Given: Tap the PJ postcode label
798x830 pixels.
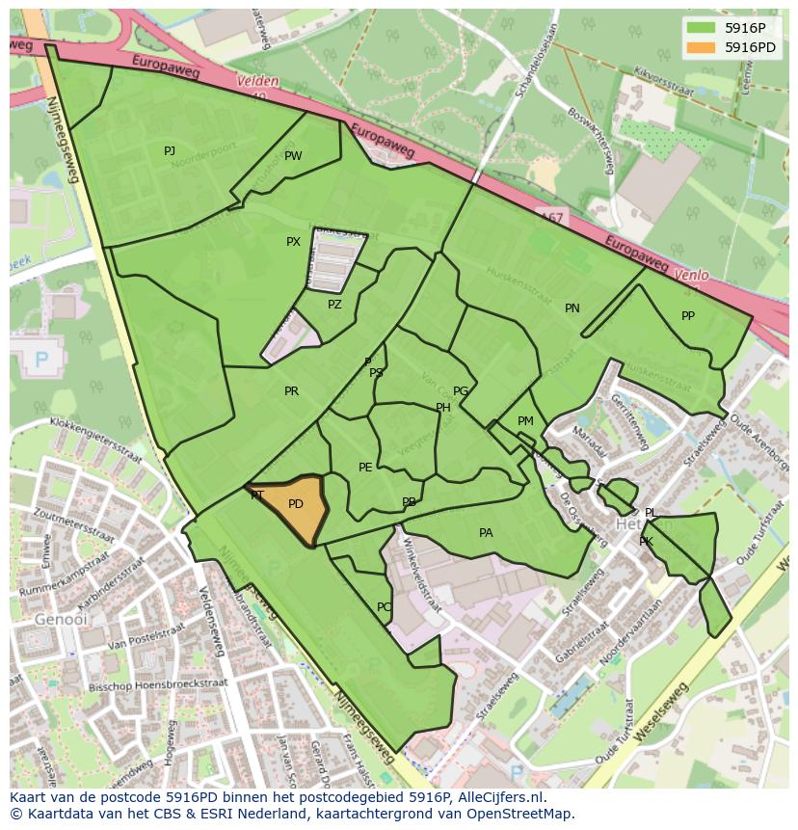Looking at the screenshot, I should [170, 150].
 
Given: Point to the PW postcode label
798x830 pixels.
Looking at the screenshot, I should [293, 156].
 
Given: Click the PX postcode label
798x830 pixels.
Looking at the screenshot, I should [293, 242].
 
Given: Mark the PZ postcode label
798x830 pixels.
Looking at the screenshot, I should [334, 305].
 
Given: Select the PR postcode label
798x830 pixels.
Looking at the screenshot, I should [291, 391].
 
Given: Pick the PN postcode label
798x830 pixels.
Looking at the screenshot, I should [572, 308].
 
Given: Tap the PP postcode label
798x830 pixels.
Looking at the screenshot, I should [688, 316].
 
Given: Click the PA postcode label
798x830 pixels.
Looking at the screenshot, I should [486, 533].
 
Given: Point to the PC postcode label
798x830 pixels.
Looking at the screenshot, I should [384, 607].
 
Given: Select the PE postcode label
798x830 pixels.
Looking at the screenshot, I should [365, 468].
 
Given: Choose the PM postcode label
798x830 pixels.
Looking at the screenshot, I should [525, 421].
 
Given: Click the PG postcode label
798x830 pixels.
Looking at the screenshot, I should [461, 391].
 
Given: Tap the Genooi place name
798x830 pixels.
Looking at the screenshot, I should [54, 619].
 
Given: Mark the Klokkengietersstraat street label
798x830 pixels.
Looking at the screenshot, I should [95, 441].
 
